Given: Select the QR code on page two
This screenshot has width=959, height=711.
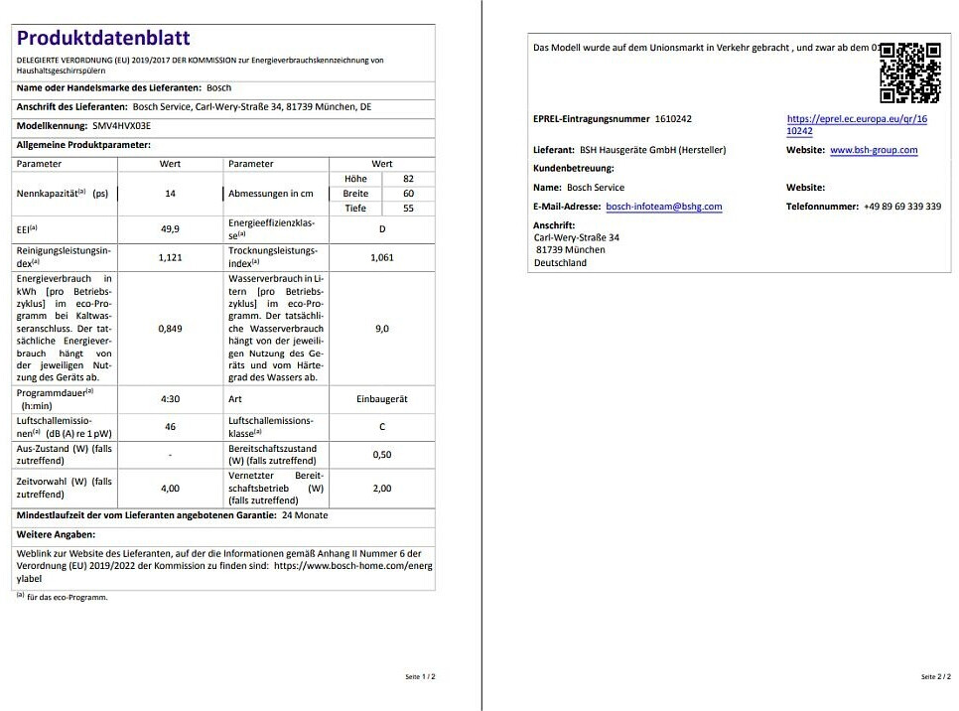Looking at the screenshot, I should pos(909,72).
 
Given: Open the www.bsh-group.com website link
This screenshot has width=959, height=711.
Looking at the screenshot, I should pos(874,150).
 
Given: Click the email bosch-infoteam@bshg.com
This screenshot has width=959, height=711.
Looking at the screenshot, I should pos(663,207).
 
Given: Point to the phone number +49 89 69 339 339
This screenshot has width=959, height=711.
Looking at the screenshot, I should pos(902,207).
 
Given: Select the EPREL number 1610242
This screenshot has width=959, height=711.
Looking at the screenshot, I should pos(673,119).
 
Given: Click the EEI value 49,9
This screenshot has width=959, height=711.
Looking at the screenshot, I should pos(170,228).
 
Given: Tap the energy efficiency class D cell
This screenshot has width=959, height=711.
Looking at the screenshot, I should pos(382,228).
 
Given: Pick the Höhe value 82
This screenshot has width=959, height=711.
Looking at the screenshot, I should pos(409,179).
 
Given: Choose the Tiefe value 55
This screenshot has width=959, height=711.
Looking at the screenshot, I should pos(409,209).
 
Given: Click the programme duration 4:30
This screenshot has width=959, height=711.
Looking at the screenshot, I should pos(170,399).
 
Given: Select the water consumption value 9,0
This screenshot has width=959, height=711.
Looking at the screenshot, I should pos(382,329).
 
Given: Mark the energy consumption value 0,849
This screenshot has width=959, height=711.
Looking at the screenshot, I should pos(170,329).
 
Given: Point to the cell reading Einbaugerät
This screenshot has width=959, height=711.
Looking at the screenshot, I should pos(382,399).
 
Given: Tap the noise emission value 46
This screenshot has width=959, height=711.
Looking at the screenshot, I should pos(170,426).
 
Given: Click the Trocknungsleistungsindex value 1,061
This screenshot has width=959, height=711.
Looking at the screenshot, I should pos(382,257).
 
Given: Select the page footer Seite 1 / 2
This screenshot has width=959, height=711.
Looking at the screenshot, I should pos(420,676).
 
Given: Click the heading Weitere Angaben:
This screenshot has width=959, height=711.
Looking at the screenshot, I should pos(56,535).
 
